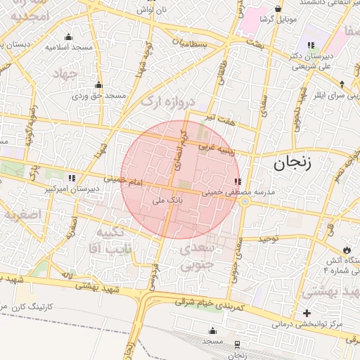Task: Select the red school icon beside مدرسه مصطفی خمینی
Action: [x=236, y=181]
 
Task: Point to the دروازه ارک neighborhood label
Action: [x=167, y=102]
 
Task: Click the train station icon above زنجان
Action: [x=237, y=345]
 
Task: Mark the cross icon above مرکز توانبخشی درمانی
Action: [x=307, y=313]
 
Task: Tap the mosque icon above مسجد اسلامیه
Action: [x=68, y=37]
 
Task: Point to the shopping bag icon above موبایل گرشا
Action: [x=279, y=9]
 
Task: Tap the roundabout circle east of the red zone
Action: [x=245, y=201]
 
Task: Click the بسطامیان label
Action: [x=191, y=44]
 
